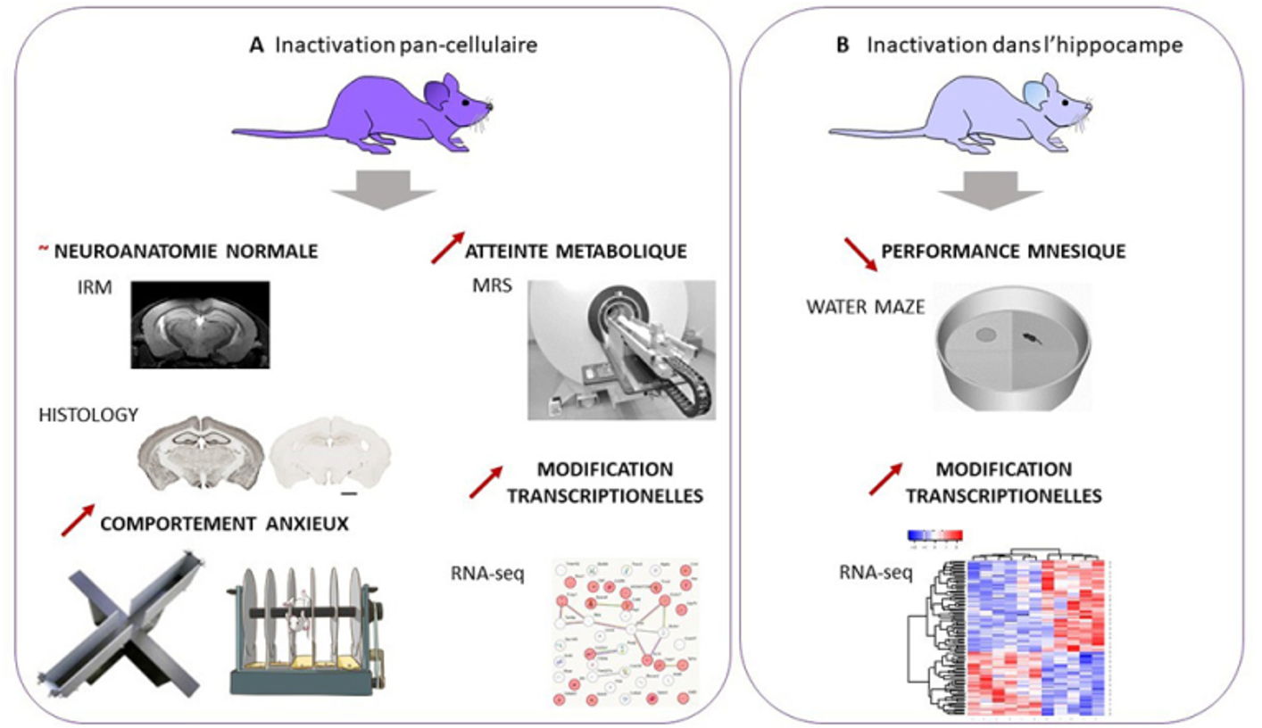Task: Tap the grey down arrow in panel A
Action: coord(383,189)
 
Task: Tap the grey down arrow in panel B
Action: coord(990,189)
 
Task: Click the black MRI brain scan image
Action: coord(200,323)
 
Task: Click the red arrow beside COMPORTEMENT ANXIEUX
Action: coord(79,518)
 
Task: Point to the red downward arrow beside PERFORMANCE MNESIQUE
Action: coord(861,252)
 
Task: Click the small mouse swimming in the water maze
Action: coord(1029,338)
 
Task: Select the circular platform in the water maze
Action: coord(985,335)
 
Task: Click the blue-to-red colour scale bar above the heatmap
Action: coord(934,535)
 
